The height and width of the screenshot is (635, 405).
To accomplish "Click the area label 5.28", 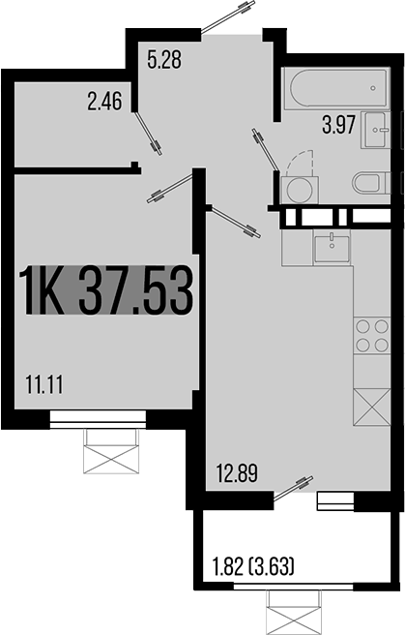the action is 164,60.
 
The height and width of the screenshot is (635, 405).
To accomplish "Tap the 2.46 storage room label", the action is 104,102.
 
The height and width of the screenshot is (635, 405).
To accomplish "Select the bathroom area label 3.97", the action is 339,124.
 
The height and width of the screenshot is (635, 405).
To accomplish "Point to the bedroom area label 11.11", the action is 44,384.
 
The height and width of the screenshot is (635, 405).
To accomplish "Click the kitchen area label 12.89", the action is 237,473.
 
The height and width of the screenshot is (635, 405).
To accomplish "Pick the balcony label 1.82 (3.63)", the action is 253,566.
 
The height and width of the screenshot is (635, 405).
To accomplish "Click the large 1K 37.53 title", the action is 107,289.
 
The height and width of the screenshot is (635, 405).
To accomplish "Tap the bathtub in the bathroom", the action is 335,88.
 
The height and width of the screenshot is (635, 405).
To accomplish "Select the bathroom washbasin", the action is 378,130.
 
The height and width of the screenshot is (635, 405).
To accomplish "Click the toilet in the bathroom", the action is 372,183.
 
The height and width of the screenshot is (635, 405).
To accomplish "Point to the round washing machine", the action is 300,190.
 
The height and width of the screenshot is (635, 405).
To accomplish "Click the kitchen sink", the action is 332,248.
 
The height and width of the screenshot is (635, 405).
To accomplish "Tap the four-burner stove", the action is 372,335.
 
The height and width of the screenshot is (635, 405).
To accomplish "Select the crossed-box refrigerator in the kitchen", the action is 372,407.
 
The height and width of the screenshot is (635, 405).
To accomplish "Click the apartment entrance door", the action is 229,16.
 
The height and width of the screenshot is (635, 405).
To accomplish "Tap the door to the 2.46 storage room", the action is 148,133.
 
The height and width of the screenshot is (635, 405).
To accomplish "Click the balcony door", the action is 294,488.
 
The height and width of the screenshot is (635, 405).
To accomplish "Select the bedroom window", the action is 98,419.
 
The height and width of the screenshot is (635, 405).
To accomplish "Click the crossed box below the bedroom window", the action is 111,451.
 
